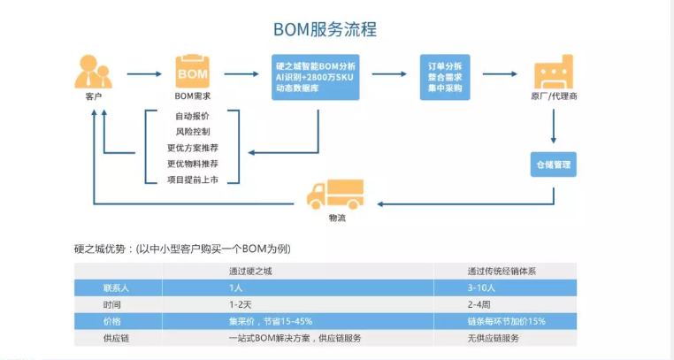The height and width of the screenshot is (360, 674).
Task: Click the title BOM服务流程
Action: coord(325,29)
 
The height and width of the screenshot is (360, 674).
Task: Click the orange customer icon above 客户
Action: coord(93,72)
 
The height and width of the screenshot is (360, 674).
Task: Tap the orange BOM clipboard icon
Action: coord(192,72)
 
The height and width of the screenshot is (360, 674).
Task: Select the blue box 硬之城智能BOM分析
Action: coord(316,77)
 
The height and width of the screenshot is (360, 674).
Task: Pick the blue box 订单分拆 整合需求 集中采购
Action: coord(445,77)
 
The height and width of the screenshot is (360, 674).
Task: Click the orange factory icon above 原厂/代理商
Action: coord(554,72)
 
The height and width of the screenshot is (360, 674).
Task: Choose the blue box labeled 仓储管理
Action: coord(553,165)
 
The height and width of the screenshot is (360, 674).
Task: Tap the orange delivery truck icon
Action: coord(335,195)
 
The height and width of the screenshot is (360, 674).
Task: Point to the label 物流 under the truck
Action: coord(337,218)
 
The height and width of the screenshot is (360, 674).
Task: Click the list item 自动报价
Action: coord(192,116)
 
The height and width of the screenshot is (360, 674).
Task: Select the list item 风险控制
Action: coord(192,132)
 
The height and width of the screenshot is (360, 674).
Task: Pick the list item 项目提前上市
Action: coord(192,180)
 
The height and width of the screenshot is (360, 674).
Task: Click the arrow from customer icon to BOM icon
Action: coord(144,74)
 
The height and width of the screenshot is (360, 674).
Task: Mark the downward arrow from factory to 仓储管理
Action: coord(553,126)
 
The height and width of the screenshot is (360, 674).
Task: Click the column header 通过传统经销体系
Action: coord(502,271)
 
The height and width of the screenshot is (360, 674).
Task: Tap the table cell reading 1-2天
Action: coord(241,304)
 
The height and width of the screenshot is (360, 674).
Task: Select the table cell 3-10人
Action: coord(481,287)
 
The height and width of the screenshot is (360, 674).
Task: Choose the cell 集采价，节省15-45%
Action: coord(271,321)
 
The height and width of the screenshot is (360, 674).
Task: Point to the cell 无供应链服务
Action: coord(494,338)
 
